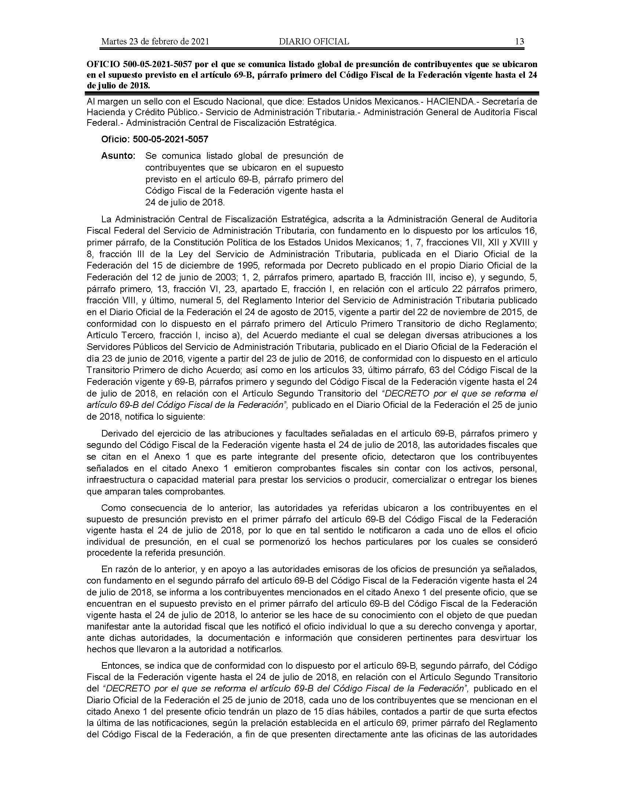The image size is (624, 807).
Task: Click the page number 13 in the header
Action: (x=519, y=41)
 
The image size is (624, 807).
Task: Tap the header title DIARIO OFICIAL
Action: (x=314, y=41)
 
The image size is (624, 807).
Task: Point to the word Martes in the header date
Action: (x=113, y=41)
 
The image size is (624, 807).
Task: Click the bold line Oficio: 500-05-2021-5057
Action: (x=155, y=139)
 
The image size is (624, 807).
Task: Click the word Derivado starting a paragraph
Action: (x=119, y=433)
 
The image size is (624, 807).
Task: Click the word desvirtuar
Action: (x=492, y=638)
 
